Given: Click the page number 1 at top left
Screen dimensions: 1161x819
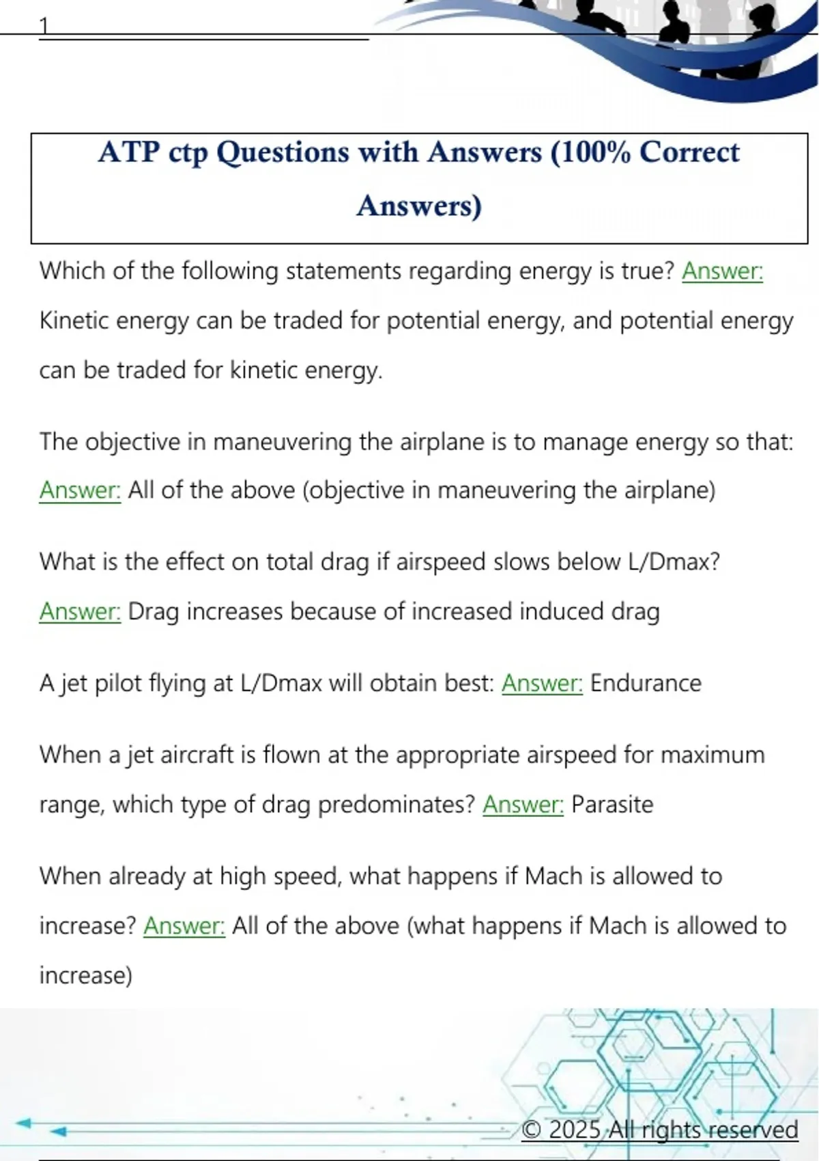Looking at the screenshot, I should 44,26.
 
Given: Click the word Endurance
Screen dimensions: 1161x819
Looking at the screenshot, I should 646,683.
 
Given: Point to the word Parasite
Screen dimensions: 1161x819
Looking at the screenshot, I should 612,805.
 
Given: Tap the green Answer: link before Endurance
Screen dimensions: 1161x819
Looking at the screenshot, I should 543,683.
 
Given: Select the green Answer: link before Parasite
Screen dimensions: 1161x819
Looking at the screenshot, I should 523,805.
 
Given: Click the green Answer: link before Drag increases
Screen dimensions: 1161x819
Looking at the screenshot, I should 80,611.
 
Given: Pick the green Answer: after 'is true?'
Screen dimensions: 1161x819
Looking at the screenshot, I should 722,271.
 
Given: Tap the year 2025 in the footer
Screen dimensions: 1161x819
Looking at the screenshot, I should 575,1130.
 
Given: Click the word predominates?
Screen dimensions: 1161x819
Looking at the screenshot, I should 397,805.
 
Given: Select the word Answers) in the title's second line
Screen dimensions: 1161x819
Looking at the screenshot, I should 419,206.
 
